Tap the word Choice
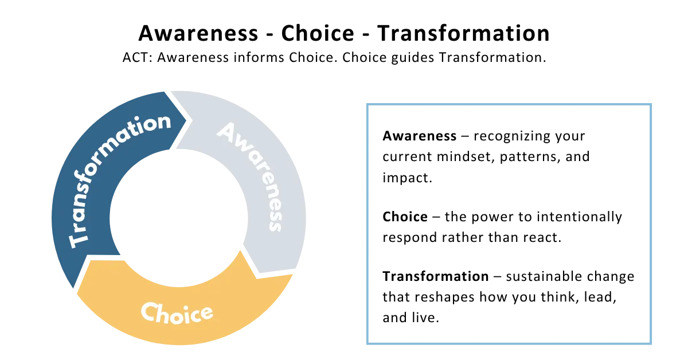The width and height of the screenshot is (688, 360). pyautogui.click(x=177, y=313)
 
